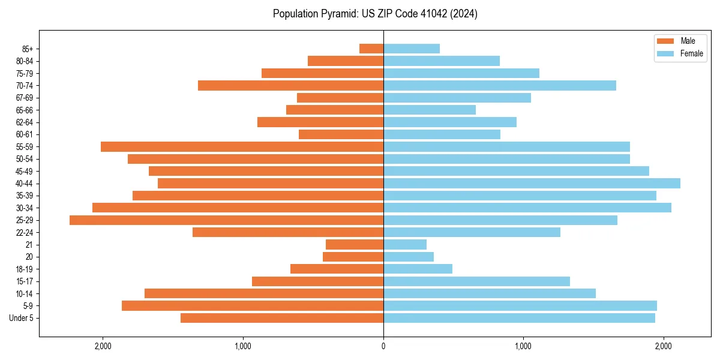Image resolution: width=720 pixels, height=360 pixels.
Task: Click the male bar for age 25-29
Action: (226, 220)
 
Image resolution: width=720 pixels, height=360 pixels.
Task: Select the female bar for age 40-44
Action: (532, 184)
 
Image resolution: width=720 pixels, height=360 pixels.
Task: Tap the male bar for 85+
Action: (371, 49)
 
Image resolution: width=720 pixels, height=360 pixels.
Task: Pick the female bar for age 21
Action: (405, 245)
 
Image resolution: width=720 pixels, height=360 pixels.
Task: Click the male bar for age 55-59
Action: (242, 147)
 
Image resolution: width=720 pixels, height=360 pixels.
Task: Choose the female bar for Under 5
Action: (519, 318)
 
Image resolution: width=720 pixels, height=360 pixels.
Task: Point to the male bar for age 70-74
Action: (290, 86)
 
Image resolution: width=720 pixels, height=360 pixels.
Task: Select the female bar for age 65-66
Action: (430, 110)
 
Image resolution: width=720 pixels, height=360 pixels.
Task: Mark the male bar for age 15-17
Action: (317, 281)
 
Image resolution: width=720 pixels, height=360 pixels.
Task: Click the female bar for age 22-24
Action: (472, 232)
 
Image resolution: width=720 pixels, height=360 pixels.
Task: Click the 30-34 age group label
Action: (25, 208)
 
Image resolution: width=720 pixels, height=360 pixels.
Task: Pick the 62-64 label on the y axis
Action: (25, 122)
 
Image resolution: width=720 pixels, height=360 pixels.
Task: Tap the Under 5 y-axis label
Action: (22, 318)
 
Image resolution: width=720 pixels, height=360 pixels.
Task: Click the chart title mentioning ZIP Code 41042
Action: (375, 14)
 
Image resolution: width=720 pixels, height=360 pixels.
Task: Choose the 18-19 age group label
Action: (25, 269)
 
